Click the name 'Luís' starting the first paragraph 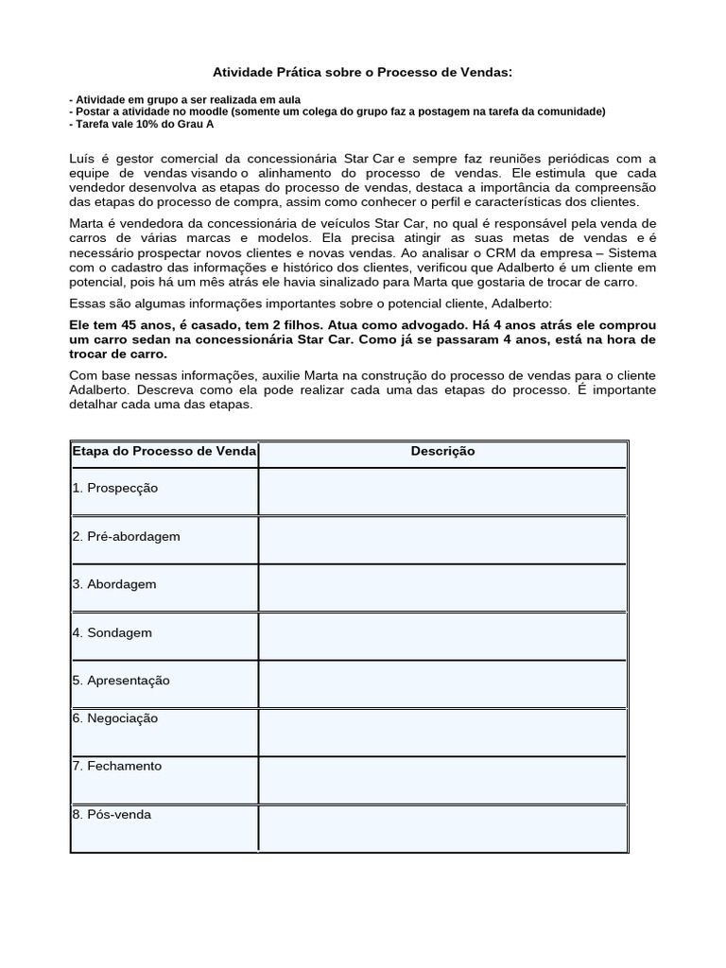(83, 158)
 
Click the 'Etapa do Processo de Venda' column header (164, 452)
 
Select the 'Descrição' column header (442, 452)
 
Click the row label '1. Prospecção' (114, 488)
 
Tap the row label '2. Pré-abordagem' (126, 536)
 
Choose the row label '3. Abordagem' (114, 584)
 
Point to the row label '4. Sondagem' (112, 632)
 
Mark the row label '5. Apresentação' (121, 681)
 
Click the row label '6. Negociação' (114, 718)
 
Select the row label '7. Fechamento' (116, 767)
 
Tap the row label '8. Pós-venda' (112, 815)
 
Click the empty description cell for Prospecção (442, 492)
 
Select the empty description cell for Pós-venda (442, 827)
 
